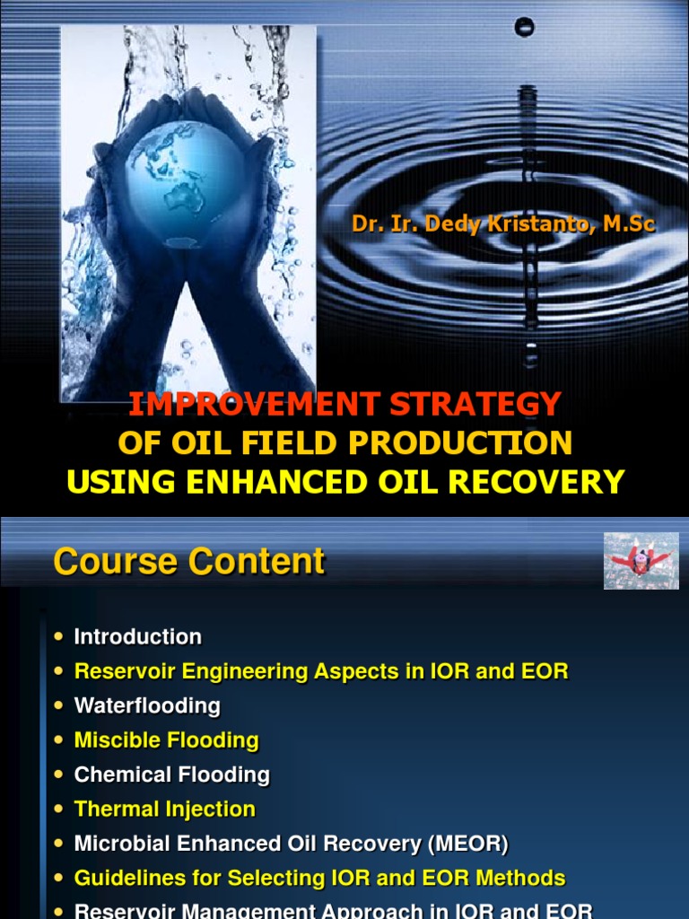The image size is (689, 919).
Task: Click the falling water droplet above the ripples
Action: (524, 28)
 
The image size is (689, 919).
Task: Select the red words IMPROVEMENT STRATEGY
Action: (345, 404)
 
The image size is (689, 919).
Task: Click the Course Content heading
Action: (189, 562)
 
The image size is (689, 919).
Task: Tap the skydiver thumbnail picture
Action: (641, 561)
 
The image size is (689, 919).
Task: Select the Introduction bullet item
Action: (137, 637)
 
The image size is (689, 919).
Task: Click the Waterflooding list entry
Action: (147, 705)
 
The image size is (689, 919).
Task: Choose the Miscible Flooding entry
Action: (166, 740)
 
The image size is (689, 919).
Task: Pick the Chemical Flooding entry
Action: (171, 775)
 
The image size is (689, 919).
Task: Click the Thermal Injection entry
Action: (164, 809)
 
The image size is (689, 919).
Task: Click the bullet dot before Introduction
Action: (59, 637)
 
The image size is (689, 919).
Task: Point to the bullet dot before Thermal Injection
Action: (59, 809)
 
